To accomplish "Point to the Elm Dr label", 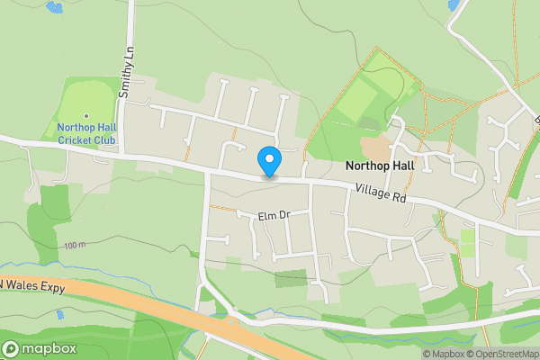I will (274, 216).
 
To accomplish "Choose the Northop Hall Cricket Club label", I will (86, 133).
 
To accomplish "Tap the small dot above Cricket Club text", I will (86, 115).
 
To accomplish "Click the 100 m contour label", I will (76, 245).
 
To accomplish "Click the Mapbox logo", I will (39, 349).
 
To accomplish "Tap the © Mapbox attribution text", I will (443, 354).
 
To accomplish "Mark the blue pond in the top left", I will (55, 7).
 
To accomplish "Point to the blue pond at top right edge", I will (454, 5).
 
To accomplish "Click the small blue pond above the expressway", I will (60, 316).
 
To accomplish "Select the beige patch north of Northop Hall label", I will (375, 147).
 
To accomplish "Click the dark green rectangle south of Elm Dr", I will (291, 278).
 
